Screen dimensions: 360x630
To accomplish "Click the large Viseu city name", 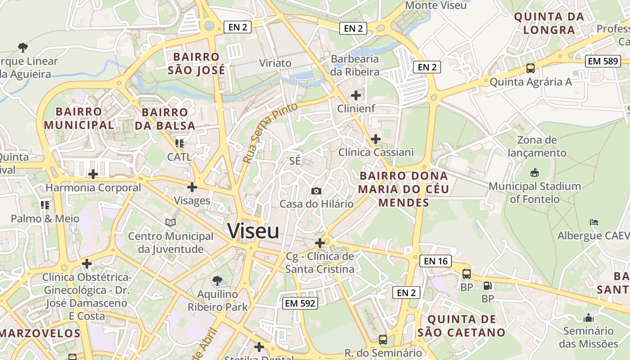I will click(253, 231).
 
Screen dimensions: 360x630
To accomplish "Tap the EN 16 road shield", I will click(436, 261).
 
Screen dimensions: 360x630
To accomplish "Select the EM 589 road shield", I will click(603, 61).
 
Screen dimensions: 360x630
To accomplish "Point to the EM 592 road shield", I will click(301, 303).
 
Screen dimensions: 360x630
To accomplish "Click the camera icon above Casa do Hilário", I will click(316, 191).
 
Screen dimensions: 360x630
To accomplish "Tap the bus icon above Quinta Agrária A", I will click(531, 68).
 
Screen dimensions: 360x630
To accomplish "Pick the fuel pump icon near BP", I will click(487, 285).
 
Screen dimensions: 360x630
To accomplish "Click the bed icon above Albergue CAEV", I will click(594, 222).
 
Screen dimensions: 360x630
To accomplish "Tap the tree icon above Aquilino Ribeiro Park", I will click(217, 281).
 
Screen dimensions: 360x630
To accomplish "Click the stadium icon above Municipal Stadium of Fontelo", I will click(535, 172).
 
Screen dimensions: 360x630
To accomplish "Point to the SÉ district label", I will click(295, 161).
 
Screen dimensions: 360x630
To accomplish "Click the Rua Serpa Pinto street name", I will click(270, 133).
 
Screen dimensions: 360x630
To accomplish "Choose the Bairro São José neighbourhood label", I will click(196, 64).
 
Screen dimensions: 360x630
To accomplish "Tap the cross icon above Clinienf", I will click(356, 95).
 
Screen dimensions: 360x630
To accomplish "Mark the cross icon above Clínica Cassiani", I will click(376, 139).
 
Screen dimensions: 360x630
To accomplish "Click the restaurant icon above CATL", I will click(180, 144).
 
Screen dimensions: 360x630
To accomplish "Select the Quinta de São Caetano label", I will click(462, 326).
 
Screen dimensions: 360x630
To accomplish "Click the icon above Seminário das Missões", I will click(589, 318).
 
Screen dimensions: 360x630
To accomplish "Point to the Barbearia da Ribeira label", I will click(355, 65).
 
